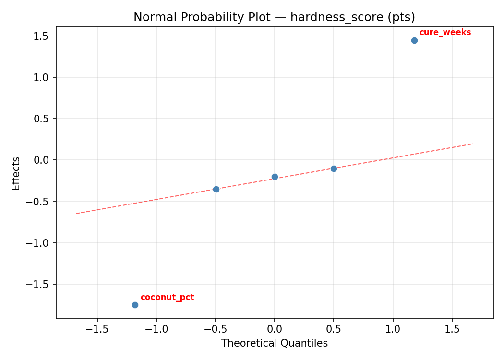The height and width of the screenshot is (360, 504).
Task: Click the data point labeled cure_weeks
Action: (414, 40)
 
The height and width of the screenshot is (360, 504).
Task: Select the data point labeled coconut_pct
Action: (135, 305)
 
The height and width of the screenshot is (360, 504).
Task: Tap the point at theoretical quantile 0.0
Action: (275, 177)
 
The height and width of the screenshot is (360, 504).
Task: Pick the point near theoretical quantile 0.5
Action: (334, 168)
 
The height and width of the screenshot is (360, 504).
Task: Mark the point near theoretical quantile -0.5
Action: (216, 189)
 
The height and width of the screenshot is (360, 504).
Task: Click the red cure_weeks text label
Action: (445, 33)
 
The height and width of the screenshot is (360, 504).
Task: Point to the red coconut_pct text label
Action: (167, 298)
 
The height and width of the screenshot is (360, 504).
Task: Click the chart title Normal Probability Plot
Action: (274, 17)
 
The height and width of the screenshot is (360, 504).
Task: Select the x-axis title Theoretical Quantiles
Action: (274, 343)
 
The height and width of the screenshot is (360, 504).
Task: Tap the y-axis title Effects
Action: (16, 173)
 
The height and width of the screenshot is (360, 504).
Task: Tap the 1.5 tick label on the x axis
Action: (452, 329)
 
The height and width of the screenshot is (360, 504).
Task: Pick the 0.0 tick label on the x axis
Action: (275, 329)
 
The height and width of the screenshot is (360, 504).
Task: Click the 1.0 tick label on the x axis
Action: (393, 329)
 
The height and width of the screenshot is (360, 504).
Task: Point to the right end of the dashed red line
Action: (473, 144)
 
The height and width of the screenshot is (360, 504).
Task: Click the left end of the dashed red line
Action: (76, 213)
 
